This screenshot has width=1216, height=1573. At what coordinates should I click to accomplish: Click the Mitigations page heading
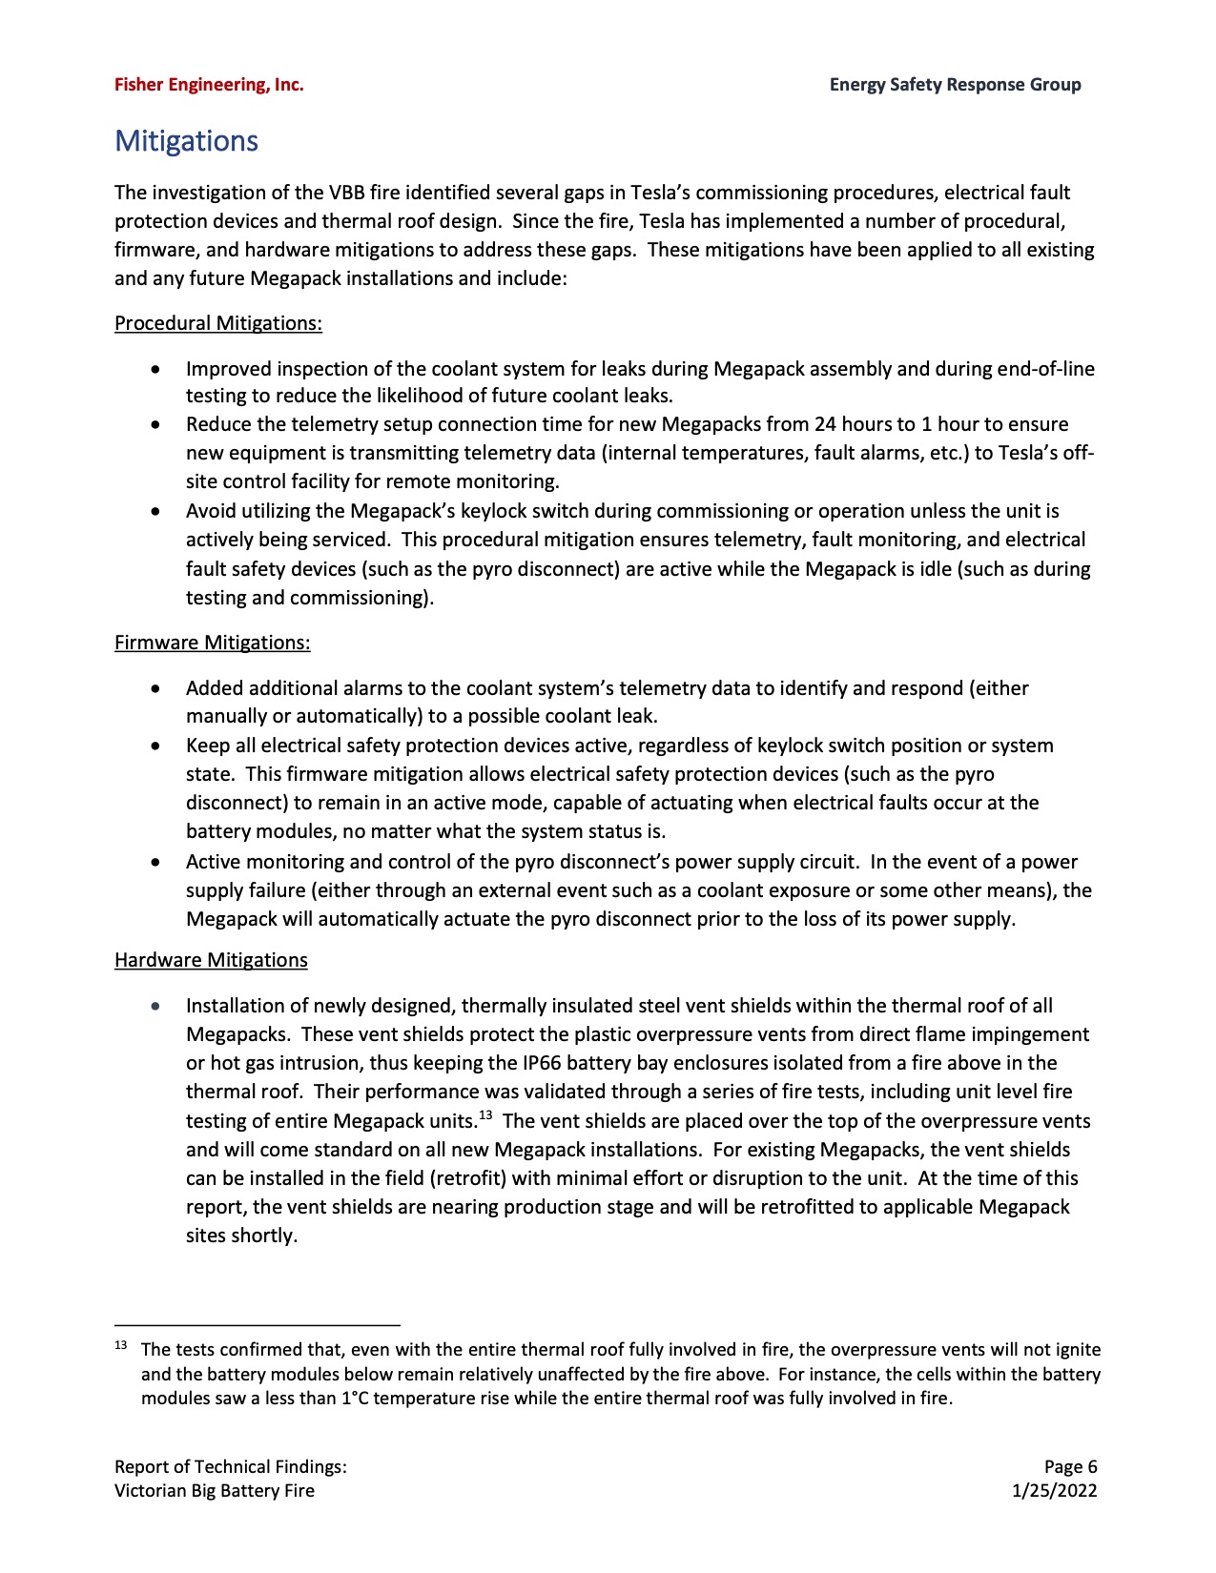(x=186, y=141)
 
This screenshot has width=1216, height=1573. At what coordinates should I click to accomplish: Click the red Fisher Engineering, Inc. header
(x=209, y=85)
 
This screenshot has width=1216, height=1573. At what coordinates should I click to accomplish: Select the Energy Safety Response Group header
(x=955, y=85)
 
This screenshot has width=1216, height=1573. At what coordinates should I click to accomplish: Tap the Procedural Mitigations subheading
(x=218, y=323)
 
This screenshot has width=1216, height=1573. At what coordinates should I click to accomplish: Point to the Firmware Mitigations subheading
(x=212, y=643)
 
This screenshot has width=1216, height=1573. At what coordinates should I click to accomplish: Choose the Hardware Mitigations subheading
(x=211, y=960)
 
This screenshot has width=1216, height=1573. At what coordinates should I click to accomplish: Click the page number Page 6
(x=1070, y=1466)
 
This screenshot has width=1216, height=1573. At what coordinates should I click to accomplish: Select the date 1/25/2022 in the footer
(x=1054, y=1490)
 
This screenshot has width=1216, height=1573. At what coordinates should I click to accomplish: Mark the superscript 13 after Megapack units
(x=485, y=1115)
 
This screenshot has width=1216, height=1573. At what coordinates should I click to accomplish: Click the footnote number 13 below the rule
(x=121, y=1346)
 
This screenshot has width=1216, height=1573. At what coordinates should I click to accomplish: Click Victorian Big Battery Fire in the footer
(x=215, y=1490)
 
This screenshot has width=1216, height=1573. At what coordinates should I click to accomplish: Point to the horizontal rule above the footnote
(x=257, y=1325)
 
